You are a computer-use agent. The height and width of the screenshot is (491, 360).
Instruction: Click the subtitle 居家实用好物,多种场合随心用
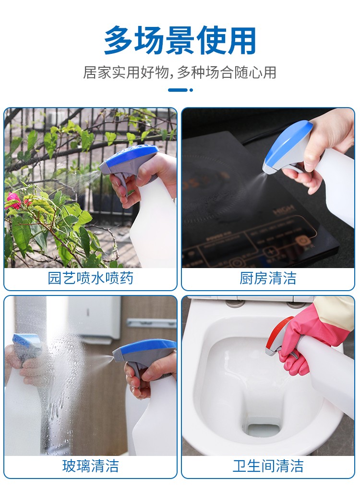pos(180,73)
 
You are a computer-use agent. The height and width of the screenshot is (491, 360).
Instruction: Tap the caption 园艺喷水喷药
pos(90,278)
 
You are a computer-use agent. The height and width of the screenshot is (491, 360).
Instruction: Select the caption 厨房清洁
pos(268,278)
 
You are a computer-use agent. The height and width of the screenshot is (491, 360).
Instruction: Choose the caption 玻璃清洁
pos(90,466)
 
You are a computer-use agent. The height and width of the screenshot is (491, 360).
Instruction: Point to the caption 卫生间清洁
pos(268,466)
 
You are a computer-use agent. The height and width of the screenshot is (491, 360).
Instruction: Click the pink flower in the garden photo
pos(12,200)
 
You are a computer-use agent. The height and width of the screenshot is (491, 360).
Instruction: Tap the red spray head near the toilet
pos(279,335)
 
